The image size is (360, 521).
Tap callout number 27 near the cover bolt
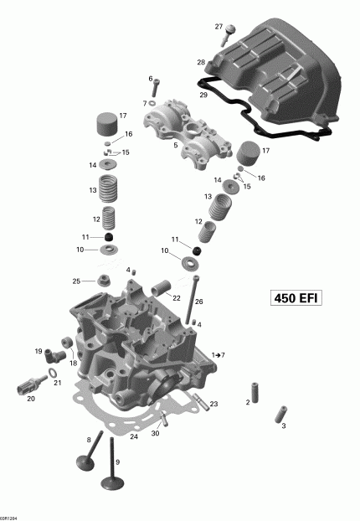(x=220, y=27)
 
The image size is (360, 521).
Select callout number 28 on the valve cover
(x=201, y=63)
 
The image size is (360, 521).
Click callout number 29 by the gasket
(x=203, y=95)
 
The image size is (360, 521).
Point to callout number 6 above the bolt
(x=151, y=79)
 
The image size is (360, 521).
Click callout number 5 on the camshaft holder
(x=176, y=145)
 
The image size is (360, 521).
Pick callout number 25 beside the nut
(x=75, y=281)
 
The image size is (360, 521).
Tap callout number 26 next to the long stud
(x=199, y=301)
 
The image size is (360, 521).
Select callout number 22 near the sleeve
(x=177, y=297)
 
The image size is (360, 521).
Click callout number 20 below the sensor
(x=30, y=399)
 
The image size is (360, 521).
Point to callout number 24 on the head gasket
(x=133, y=436)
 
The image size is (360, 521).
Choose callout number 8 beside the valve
(x=89, y=439)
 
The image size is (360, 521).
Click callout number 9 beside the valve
(x=117, y=462)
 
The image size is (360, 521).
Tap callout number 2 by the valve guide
(x=247, y=403)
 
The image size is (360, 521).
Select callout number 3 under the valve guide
(x=283, y=426)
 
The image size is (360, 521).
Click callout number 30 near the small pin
(x=156, y=434)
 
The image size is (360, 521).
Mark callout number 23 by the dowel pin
(x=213, y=405)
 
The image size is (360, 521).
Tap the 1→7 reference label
(x=218, y=355)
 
